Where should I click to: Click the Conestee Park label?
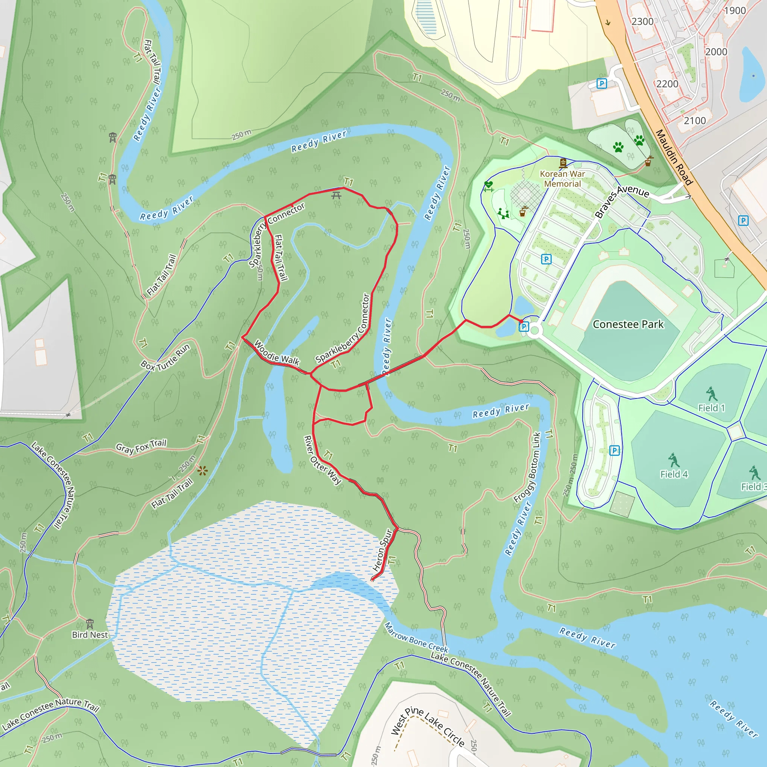[628, 325]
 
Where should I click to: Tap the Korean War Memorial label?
[562, 179]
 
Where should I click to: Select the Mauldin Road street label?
[673, 157]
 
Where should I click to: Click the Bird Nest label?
[90, 635]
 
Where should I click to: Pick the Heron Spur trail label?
[382, 550]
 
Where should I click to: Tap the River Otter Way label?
[322, 460]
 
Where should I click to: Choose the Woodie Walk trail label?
[277, 352]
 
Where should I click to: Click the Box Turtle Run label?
[166, 358]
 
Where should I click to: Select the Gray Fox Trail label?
[141, 447]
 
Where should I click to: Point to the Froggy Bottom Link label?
[527, 468]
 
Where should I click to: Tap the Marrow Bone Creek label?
[416, 638]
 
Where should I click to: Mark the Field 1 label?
[712, 408]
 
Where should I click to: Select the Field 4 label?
[674, 474]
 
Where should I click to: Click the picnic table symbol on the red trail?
[336, 195]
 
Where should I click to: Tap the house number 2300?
[642, 21]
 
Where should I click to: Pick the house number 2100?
[694, 121]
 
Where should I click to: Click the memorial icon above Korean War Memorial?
[563, 163]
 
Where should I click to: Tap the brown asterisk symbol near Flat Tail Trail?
[203, 471]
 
